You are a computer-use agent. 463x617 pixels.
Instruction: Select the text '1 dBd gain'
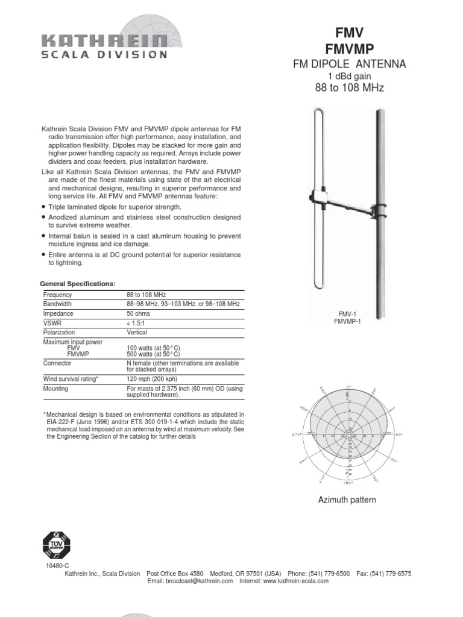(x=348, y=76)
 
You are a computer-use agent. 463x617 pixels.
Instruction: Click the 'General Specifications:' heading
(x=77, y=283)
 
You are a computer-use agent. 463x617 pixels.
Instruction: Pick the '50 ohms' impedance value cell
(x=140, y=313)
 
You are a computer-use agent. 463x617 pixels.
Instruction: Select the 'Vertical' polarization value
(x=137, y=332)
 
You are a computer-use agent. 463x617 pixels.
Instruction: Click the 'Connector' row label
(x=57, y=363)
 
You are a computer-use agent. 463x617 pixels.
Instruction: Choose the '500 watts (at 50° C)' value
(x=154, y=354)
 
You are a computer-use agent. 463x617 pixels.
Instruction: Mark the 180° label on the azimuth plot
(x=349, y=483)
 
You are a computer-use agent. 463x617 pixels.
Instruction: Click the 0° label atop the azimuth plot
(x=349, y=386)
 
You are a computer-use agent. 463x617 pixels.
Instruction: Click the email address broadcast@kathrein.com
(x=190, y=581)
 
